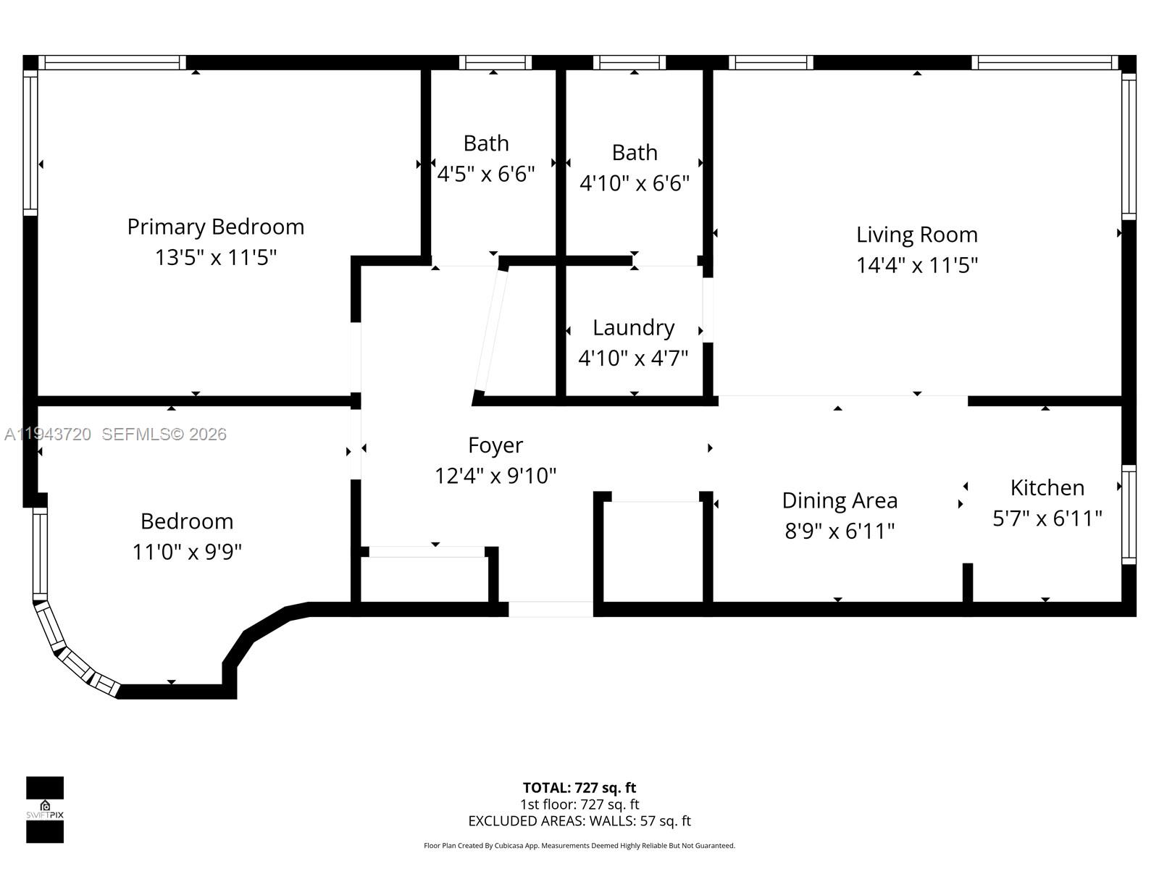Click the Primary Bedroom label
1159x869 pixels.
pyautogui.click(x=215, y=227)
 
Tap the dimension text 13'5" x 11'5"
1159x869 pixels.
pyautogui.click(x=215, y=257)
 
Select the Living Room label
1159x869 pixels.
pyautogui.click(x=916, y=235)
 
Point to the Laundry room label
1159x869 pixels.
pyautogui.click(x=633, y=327)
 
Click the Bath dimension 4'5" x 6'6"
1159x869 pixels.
pyautogui.click(x=485, y=174)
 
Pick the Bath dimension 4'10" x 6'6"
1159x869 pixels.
pyautogui.click(x=634, y=182)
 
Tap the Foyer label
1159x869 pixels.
pyautogui.click(x=495, y=445)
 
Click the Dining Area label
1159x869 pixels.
pyautogui.click(x=840, y=500)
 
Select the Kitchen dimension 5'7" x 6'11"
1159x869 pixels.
pyautogui.click(x=1047, y=518)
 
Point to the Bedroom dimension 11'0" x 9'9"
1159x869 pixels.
pyautogui.click(x=186, y=552)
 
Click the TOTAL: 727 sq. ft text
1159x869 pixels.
pyautogui.click(x=579, y=787)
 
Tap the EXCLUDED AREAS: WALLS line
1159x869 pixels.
pyautogui.click(x=579, y=820)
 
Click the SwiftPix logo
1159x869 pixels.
pyautogui.click(x=45, y=810)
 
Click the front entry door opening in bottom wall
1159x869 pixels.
pyautogui.click(x=551, y=609)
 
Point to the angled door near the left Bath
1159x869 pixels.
pyautogui.click(x=490, y=329)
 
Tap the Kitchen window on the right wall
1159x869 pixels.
pyautogui.click(x=1129, y=514)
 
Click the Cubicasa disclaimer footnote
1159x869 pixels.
pyautogui.click(x=579, y=845)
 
